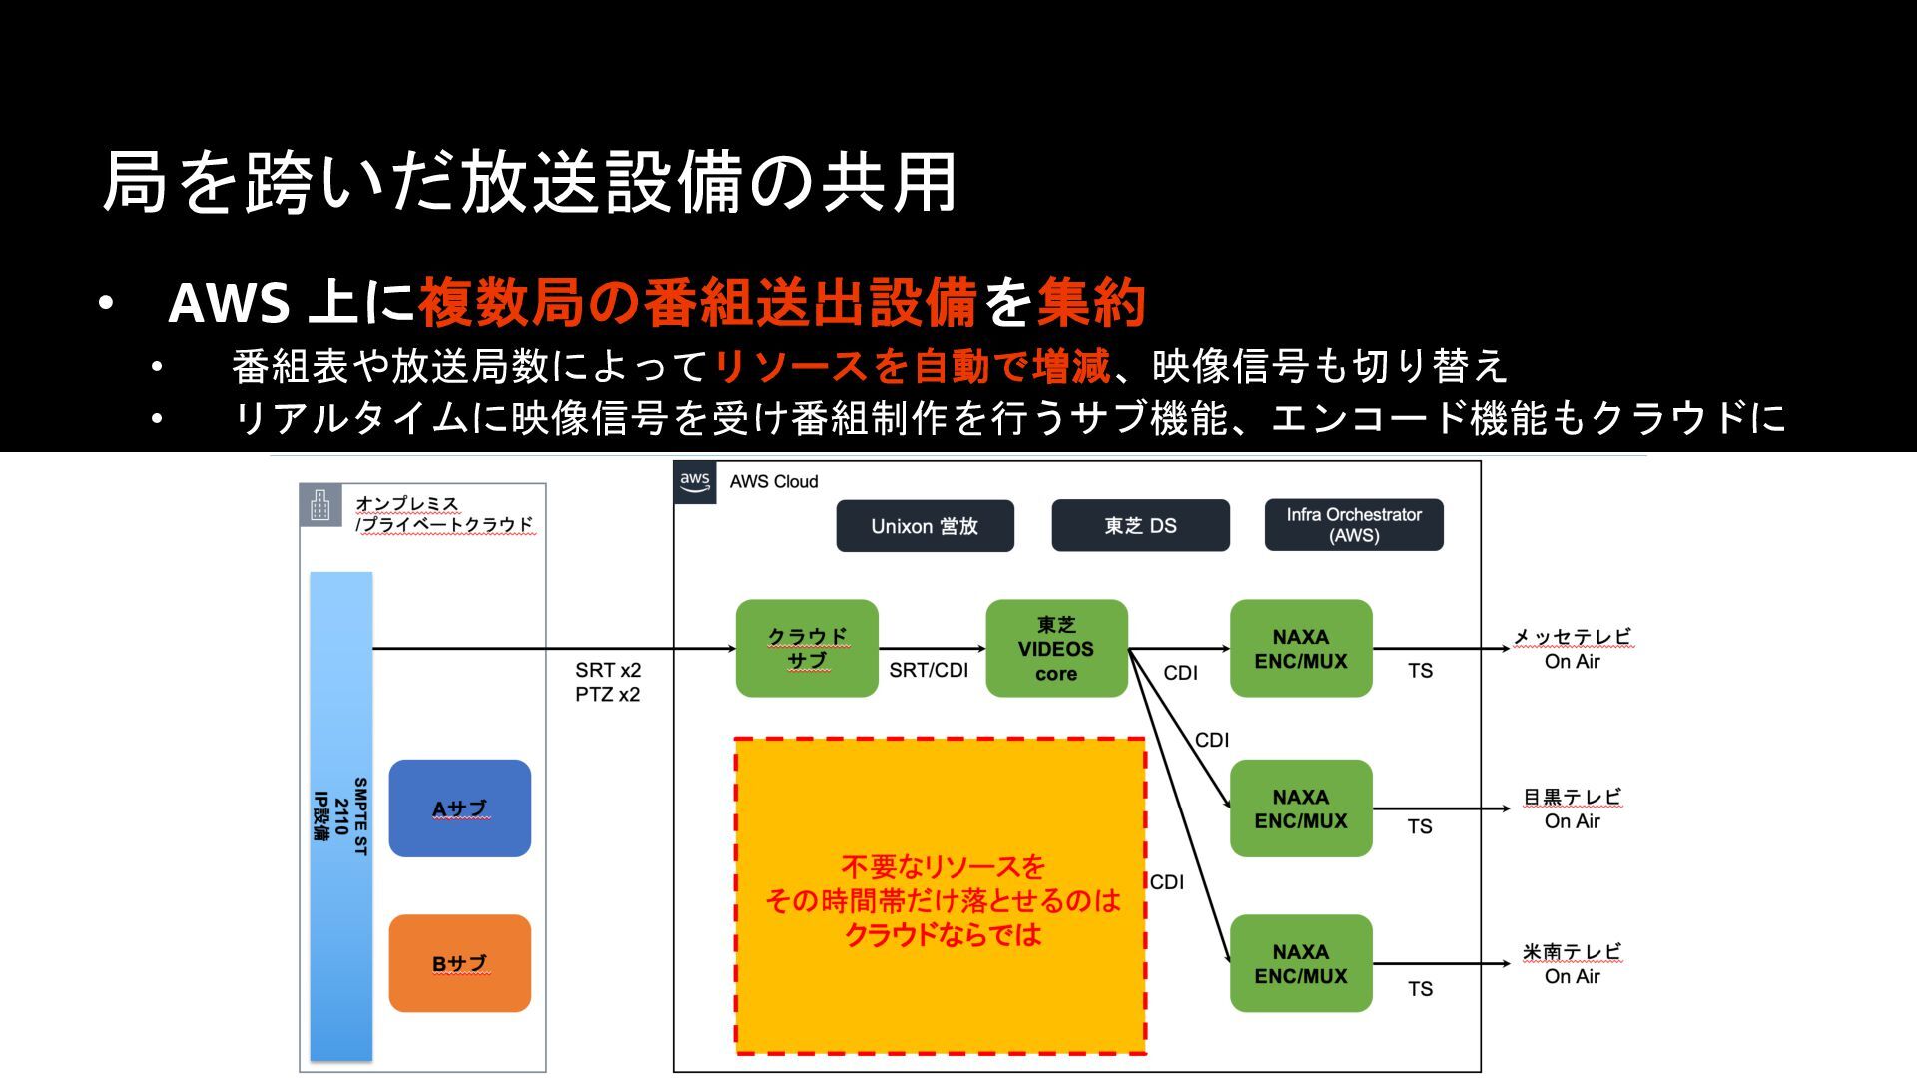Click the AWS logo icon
click(695, 482)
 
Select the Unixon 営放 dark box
click(925, 526)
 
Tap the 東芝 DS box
click(1140, 526)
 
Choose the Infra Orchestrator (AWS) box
click(1353, 525)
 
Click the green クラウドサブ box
click(807, 649)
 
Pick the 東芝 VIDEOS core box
click(1056, 649)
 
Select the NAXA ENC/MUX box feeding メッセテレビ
click(1300, 649)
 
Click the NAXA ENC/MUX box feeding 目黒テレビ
click(1300, 808)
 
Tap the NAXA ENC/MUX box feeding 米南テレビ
click(1300, 964)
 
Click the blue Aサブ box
click(459, 808)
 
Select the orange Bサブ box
click(459, 964)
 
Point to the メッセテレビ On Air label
click(1572, 649)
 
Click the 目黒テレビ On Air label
click(1572, 808)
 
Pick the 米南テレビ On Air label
click(1572, 964)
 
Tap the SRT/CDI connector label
click(929, 670)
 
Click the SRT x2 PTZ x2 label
click(608, 682)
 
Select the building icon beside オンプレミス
click(319, 505)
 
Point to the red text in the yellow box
click(943, 900)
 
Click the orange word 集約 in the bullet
click(1091, 302)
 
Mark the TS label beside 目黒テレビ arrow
click(1420, 826)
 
